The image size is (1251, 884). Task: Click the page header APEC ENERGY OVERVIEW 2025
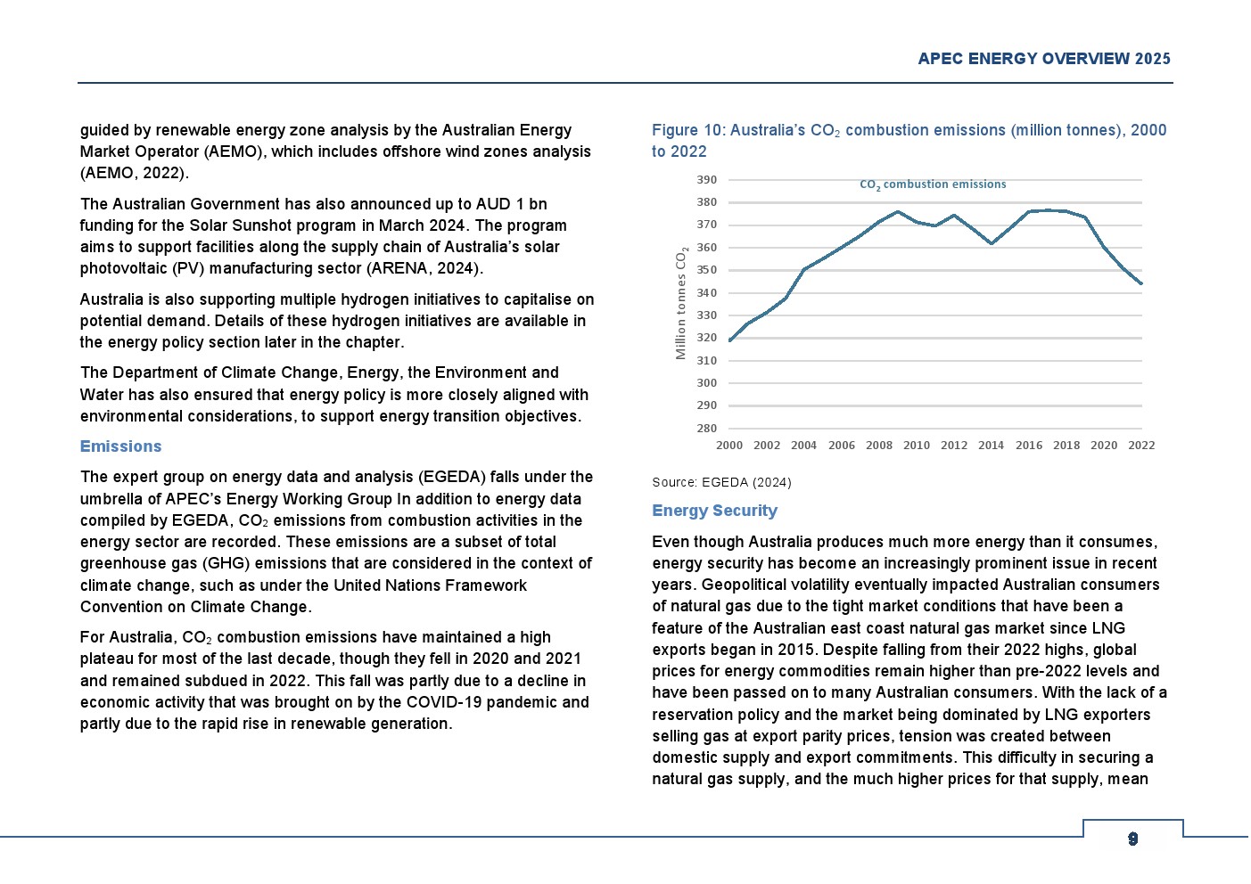tap(1043, 59)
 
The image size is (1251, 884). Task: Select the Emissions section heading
tap(120, 446)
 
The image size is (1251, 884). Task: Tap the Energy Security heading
tap(714, 511)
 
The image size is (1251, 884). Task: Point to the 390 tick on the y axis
tap(706, 180)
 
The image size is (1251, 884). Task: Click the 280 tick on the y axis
tap(706, 429)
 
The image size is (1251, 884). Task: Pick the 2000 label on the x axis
tap(729, 446)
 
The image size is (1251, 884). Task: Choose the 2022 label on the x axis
tap(1141, 446)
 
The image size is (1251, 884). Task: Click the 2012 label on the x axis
tap(953, 446)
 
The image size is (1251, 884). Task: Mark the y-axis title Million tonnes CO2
tap(681, 303)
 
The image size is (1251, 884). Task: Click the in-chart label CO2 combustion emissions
tap(932, 184)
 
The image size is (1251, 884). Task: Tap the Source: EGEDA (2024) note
tap(721, 482)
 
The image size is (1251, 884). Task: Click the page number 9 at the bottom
tap(1132, 839)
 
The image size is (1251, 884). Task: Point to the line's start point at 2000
tap(729, 341)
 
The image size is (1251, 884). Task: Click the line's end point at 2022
tap(1141, 284)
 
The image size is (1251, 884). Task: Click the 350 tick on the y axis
tap(706, 270)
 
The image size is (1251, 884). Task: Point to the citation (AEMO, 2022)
tap(134, 173)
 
